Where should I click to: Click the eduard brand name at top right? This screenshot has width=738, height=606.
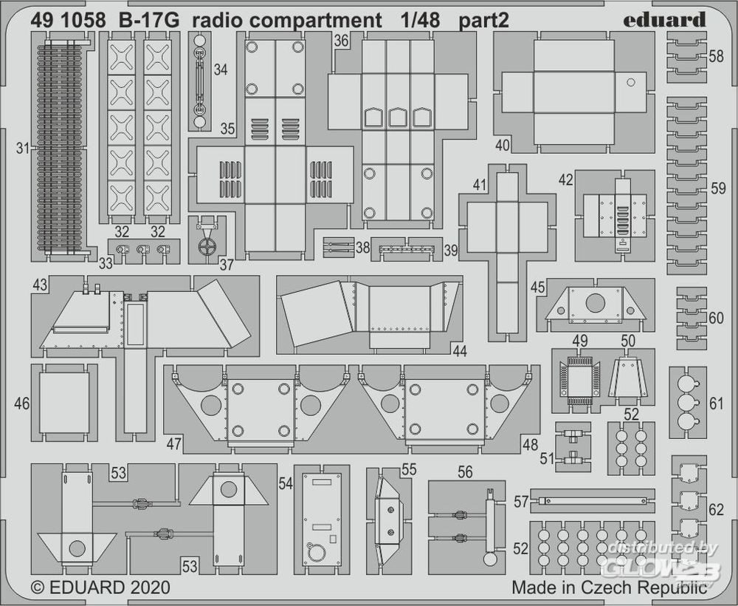coord(664,20)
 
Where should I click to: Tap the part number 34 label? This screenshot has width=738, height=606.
coord(220,70)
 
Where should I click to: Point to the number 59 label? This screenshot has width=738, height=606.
coord(717,189)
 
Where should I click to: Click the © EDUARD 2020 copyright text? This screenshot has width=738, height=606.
coord(100,588)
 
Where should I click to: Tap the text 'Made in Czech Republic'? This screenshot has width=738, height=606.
coord(610,588)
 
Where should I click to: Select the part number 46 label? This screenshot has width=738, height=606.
coord(22,404)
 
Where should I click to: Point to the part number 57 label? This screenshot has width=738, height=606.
coord(521,503)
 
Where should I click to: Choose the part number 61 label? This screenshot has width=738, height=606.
coord(716,403)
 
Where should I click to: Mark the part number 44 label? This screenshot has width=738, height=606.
coord(460,352)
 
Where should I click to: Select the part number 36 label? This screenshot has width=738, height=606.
coord(340,42)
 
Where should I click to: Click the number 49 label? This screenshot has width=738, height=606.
coord(580,341)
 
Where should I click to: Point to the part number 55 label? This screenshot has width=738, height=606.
coord(409,469)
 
